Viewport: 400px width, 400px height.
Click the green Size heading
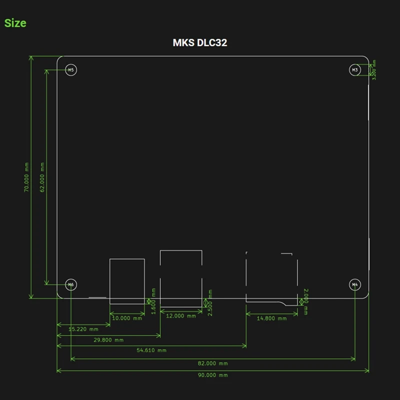click(15, 23)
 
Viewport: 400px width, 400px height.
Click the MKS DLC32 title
click(200, 42)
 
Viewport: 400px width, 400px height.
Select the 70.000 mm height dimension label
click(26, 177)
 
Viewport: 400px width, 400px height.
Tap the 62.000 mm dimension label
click(42, 177)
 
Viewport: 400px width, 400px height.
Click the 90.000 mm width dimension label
click(213, 375)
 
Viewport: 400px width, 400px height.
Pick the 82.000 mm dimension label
click(213, 363)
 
